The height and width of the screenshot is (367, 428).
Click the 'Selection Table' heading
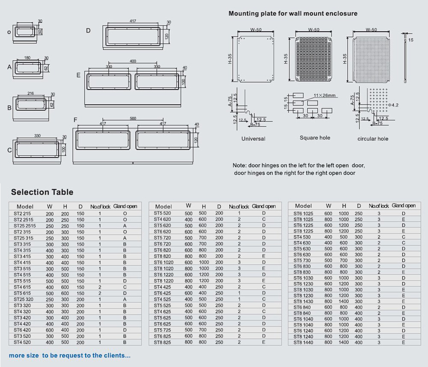click(42, 192)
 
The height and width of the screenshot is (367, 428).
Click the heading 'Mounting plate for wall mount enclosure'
click(293, 13)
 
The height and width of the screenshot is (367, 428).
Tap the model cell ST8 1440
click(303, 342)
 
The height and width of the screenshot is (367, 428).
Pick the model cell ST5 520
click(162, 213)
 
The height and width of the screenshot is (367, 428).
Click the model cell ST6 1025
click(303, 213)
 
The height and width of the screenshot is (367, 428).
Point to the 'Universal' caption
click(253, 139)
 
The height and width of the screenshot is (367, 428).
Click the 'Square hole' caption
click(315, 138)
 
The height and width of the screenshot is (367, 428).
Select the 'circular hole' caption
click(373, 139)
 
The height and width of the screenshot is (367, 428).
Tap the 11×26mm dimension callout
click(324, 95)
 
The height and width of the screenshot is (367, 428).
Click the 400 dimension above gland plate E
click(133, 61)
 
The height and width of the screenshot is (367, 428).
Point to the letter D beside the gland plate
click(88, 30)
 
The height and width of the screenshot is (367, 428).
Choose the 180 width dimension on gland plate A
click(27, 58)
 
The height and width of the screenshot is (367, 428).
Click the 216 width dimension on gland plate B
click(30, 93)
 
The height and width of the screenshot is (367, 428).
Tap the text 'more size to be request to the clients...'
click(70, 355)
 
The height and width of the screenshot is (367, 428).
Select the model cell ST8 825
click(162, 342)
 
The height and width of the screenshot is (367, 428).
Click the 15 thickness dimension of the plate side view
click(411, 40)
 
